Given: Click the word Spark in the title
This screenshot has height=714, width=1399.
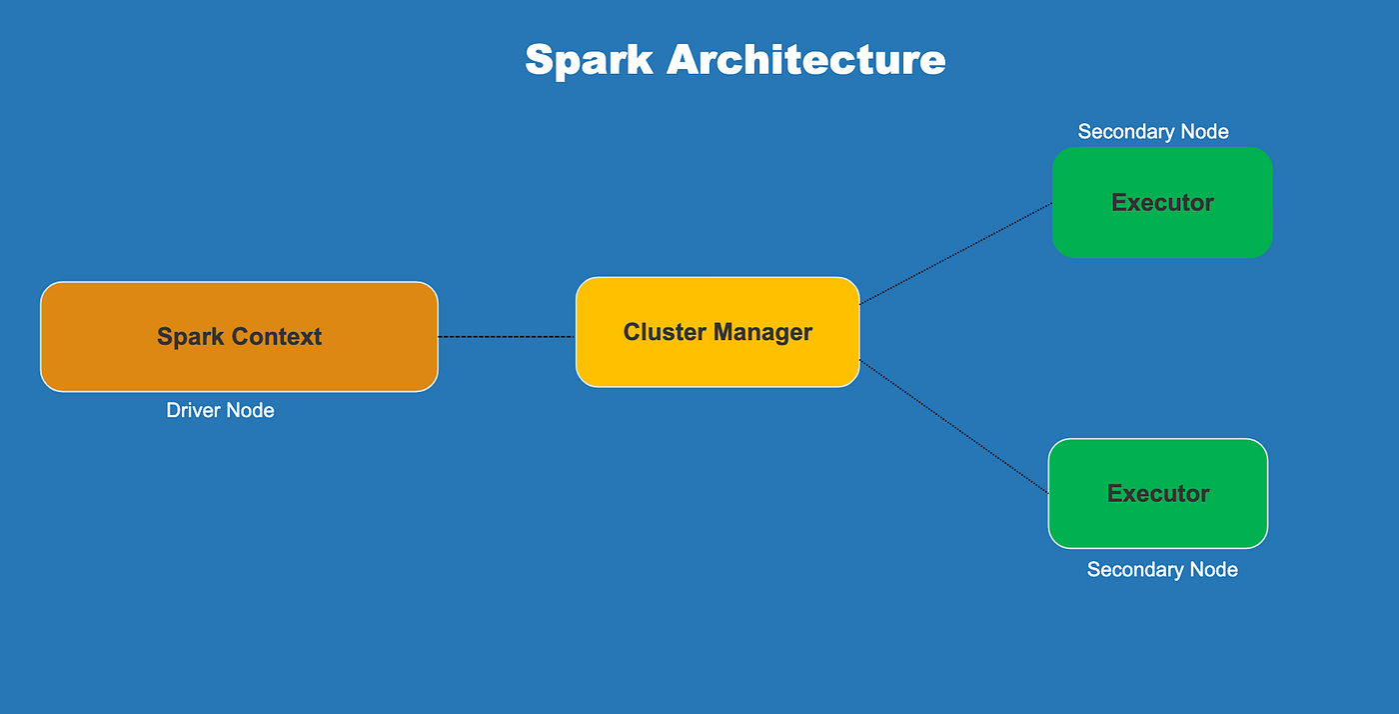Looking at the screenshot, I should (589, 60).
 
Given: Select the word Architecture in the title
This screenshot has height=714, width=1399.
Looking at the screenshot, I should (805, 60).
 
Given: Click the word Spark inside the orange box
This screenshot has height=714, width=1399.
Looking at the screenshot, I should (191, 337).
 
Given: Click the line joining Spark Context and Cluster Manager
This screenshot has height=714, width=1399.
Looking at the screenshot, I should (506, 337).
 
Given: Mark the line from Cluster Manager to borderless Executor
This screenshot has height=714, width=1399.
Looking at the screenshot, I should (955, 253).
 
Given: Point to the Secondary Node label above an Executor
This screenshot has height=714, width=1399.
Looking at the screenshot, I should (1153, 132).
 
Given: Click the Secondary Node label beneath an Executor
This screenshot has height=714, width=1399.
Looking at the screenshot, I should (1162, 570).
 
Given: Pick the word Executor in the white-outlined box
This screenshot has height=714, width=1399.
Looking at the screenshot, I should (1158, 493).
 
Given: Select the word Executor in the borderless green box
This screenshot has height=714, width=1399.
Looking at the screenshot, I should (1162, 203).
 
